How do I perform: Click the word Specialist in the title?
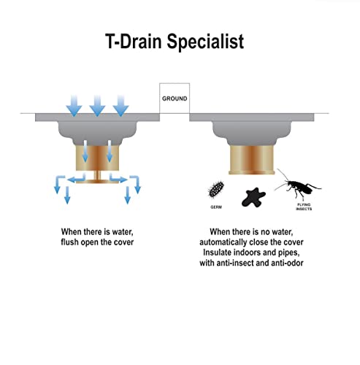point(205,42)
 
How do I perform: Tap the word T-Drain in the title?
point(134,41)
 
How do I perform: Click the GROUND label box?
point(175,99)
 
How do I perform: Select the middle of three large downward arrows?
point(97,106)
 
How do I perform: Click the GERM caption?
point(216,207)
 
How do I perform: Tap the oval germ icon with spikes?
point(216,189)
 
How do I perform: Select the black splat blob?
point(253,197)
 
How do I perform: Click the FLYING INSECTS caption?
point(304,207)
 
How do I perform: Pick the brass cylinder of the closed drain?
point(252,160)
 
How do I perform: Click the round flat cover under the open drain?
point(97,181)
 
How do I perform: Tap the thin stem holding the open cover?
point(97,175)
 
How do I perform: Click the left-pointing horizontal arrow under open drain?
point(76,179)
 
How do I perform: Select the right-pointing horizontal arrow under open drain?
point(118,179)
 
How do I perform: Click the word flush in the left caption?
point(70,242)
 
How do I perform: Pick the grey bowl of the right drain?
point(252,133)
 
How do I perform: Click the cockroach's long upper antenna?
point(283,174)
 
